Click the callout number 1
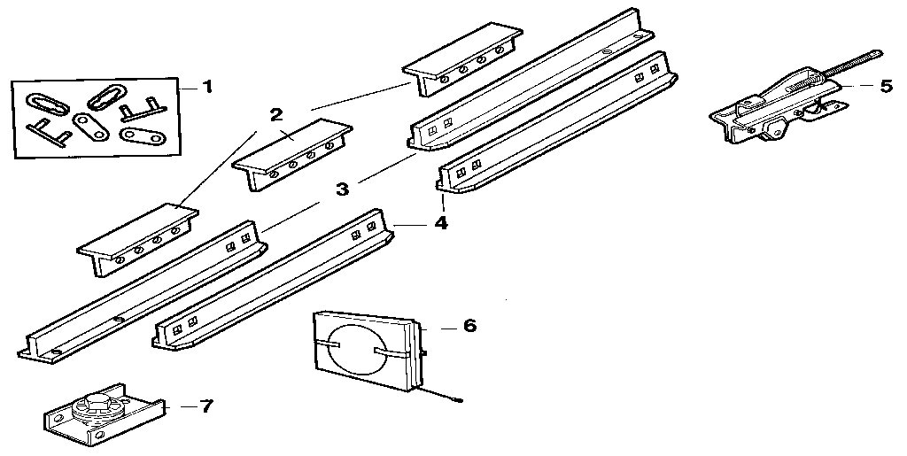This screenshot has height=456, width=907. click(x=207, y=87)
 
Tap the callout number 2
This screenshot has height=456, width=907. click(x=276, y=114)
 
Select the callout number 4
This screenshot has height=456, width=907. click(x=440, y=223)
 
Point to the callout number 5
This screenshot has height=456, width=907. click(x=886, y=87)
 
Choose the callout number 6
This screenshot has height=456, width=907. click(x=469, y=326)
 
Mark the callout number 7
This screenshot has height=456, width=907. click(x=206, y=406)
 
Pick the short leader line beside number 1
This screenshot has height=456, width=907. click(x=188, y=88)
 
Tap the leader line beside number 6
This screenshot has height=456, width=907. click(x=439, y=327)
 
